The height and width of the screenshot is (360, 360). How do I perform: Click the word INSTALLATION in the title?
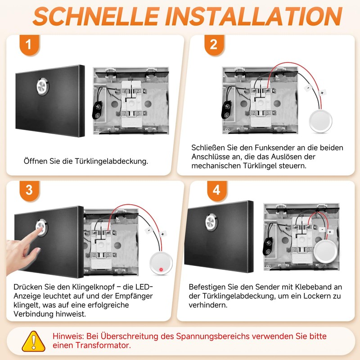[x=252, y=16]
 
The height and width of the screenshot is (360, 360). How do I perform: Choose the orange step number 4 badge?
[x=216, y=190]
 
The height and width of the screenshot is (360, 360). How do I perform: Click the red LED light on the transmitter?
[x=160, y=270]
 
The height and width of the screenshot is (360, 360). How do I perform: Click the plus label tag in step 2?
[x=322, y=93]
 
